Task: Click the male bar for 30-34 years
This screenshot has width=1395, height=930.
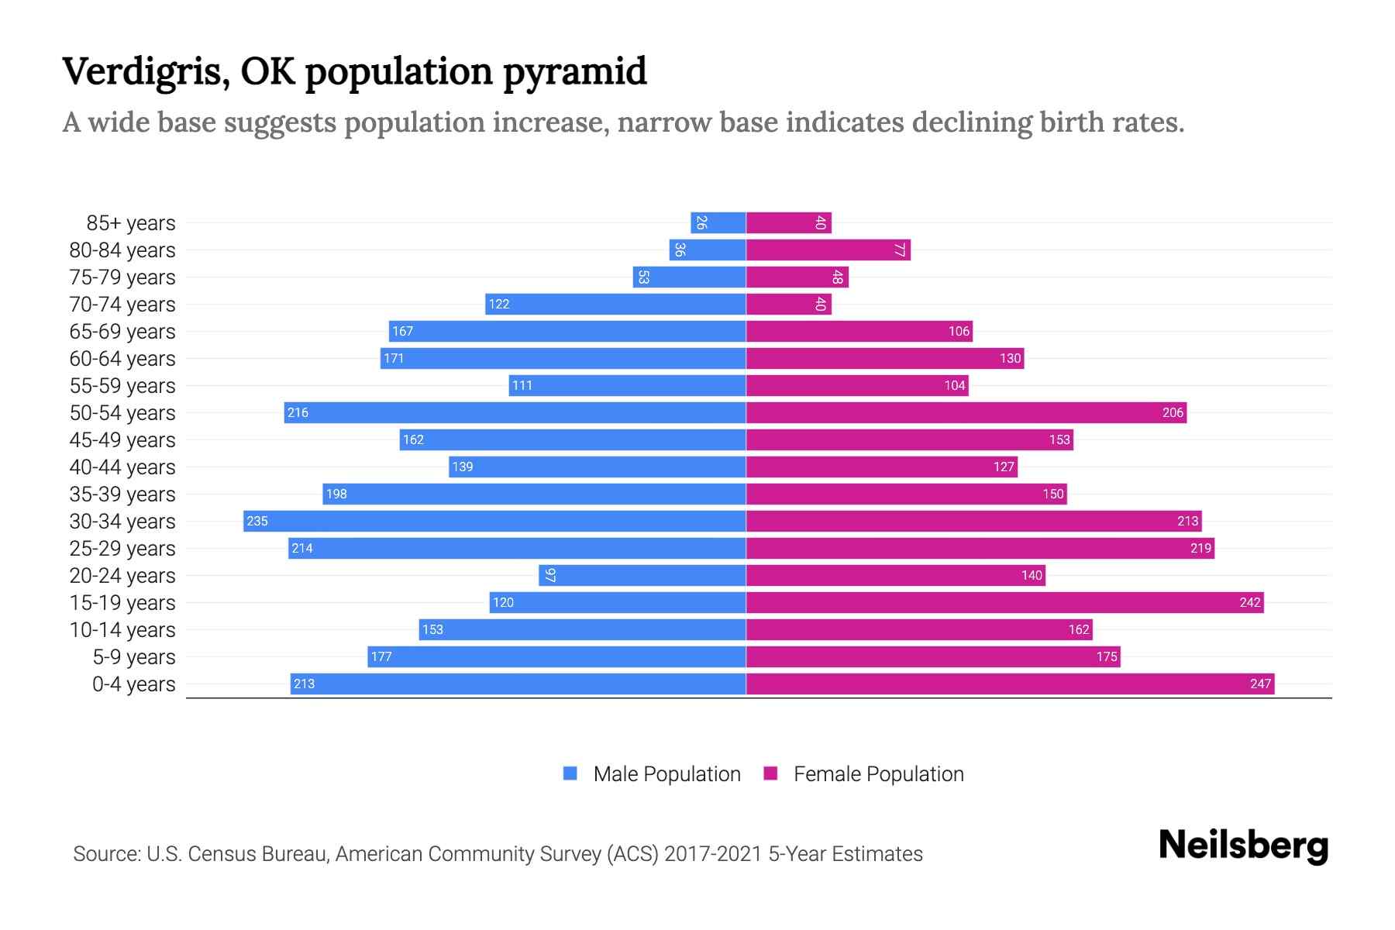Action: (494, 521)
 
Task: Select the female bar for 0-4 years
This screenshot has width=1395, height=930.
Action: (1010, 684)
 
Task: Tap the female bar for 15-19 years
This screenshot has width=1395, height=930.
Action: (1004, 602)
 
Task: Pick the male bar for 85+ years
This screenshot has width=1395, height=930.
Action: (718, 222)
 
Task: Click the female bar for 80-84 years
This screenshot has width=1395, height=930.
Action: (828, 250)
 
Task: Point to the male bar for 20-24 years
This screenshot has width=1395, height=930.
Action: (642, 575)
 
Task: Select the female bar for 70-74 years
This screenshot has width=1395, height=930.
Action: (788, 304)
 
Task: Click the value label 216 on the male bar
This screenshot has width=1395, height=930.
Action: (298, 412)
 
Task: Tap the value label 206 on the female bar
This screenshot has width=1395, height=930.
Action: (1173, 412)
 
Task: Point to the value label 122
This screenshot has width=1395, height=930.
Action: (499, 304)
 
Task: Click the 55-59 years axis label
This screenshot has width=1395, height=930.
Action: (122, 385)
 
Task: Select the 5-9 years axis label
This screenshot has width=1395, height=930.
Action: (134, 656)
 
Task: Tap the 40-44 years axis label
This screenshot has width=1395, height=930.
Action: (122, 467)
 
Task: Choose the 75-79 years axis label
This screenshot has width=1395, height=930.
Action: (122, 277)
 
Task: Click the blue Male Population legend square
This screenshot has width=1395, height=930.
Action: (570, 773)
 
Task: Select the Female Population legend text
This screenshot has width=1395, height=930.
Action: (878, 773)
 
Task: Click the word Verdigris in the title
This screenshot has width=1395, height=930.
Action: (145, 72)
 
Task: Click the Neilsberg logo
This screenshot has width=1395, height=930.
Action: (1242, 845)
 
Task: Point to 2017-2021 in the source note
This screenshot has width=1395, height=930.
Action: (713, 854)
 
